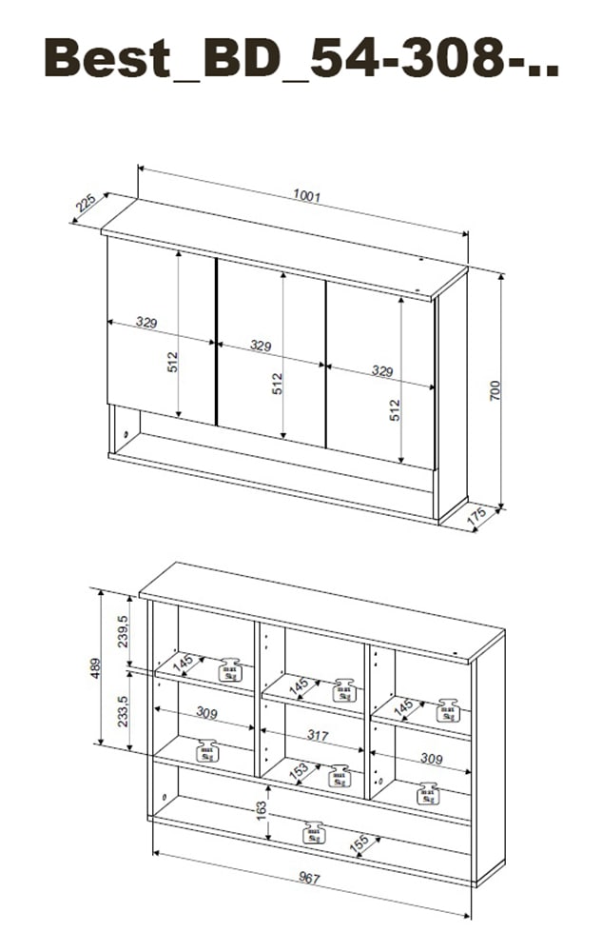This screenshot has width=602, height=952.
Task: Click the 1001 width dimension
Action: point(306,198)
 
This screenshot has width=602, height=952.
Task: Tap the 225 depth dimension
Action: point(86,204)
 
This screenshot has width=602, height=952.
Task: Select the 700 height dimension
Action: point(495,389)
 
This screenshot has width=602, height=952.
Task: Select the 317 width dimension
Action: point(318,735)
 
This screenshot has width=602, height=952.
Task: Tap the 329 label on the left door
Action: point(146,324)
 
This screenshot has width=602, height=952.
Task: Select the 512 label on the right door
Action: point(395,409)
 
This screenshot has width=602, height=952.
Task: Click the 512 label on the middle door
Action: point(277,383)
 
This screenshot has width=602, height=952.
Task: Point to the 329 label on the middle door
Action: point(262,346)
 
